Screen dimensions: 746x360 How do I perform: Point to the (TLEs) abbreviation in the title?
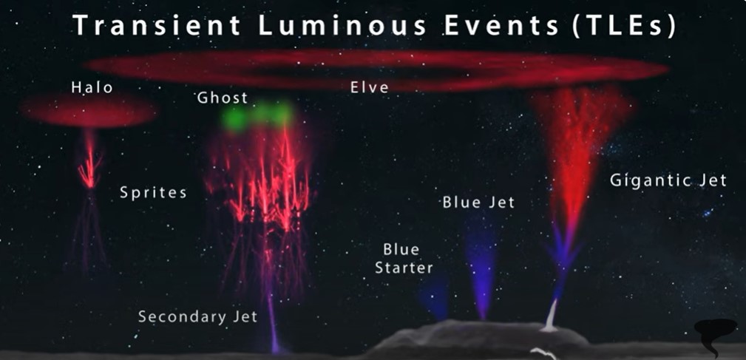pos(624,26)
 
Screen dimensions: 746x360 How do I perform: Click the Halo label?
pos(92,87)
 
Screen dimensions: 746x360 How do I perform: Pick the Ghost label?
pos(223,98)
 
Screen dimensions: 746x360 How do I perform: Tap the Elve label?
pos(370,87)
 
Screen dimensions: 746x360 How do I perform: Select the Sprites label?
pos(153,193)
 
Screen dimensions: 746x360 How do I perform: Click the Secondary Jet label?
pos(198,316)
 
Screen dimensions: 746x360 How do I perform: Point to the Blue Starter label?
pos(404,259)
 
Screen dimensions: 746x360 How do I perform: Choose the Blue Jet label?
pos(478,202)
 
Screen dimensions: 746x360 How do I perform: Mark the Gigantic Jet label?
pos(668,180)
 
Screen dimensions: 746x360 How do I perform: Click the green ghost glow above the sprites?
pos(257,115)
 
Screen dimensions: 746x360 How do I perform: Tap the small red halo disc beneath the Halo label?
pos(88,111)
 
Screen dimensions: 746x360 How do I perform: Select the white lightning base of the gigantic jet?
pos(551,316)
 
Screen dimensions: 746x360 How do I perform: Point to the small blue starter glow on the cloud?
pos(435,296)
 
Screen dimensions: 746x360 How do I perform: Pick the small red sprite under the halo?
pos(90,162)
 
